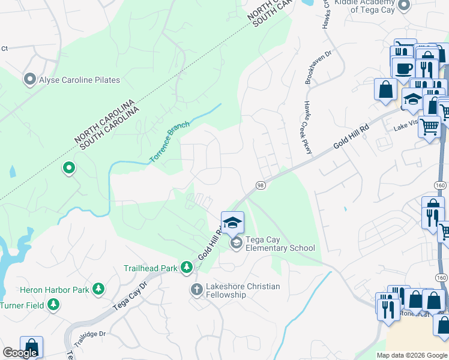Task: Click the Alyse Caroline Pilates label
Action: click(79, 80)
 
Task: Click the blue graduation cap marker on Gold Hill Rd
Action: click(232, 223)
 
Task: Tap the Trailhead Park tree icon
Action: click(187, 267)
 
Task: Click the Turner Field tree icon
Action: click(54, 305)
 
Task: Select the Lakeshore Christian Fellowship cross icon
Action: click(196, 290)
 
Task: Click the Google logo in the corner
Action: click(20, 353)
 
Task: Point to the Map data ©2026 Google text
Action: click(412, 355)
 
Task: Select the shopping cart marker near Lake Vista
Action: click(429, 127)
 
